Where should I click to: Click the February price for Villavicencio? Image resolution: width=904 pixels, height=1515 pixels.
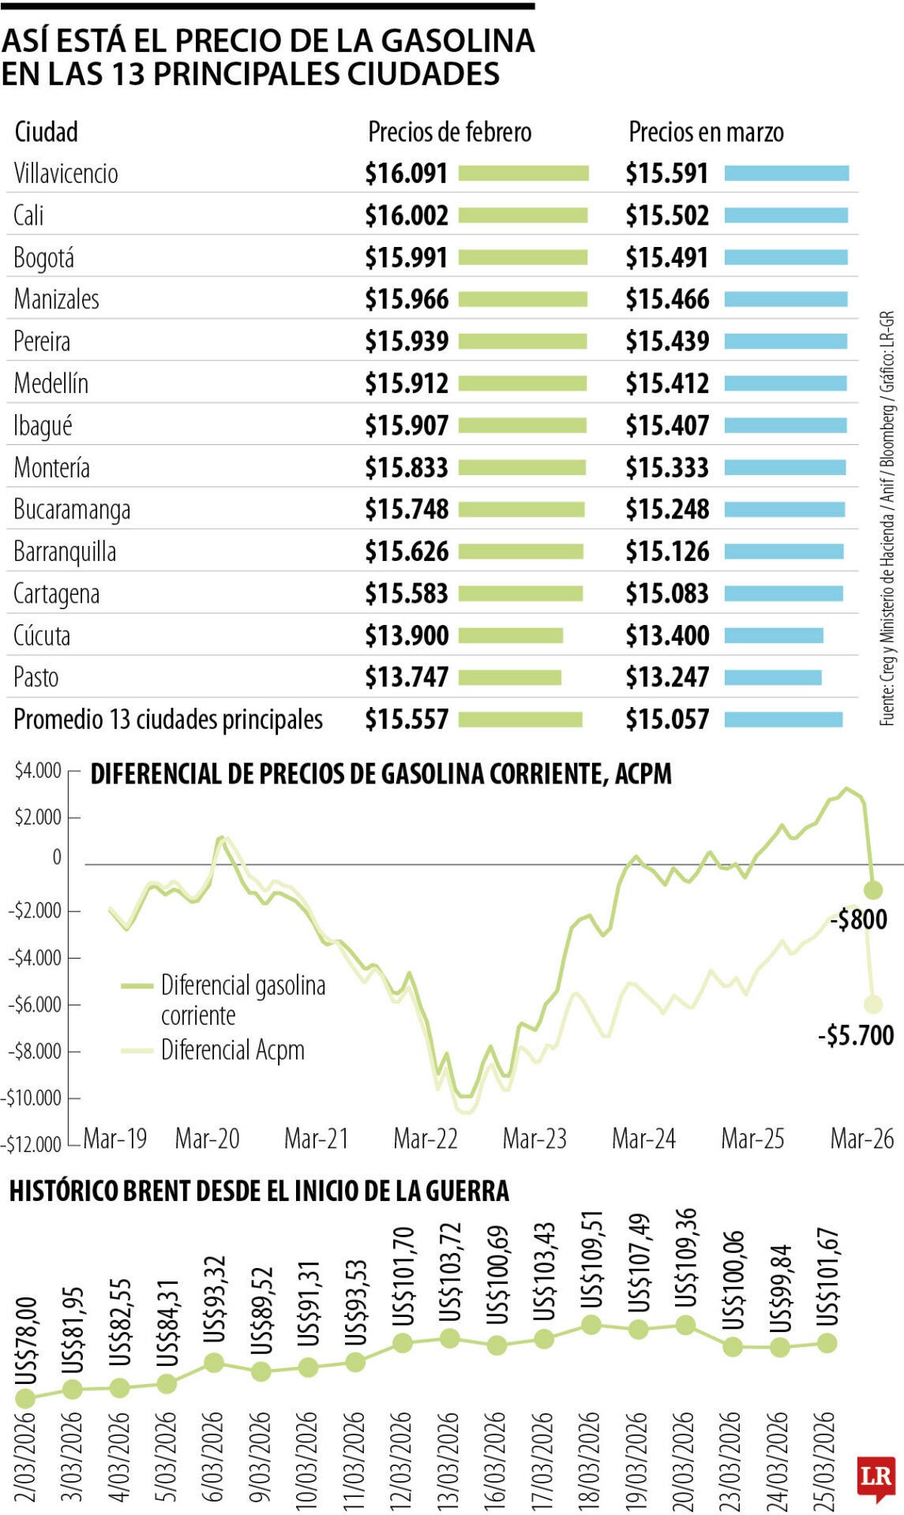(406, 174)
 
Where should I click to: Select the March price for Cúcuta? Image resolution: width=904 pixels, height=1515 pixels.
(667, 635)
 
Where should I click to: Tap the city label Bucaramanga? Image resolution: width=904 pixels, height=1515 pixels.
(72, 510)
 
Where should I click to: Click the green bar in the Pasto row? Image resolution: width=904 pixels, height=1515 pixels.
(509, 677)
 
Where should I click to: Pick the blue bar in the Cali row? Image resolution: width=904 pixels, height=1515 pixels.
(786, 215)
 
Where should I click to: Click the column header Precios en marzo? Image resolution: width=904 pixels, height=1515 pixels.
(706, 132)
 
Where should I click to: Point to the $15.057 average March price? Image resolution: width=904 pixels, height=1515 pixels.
(667, 719)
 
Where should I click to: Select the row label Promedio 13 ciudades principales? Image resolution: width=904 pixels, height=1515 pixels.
(168, 719)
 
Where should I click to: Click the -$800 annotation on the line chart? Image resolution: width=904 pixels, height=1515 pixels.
(858, 919)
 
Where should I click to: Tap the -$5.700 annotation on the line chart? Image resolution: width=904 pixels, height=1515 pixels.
(856, 1034)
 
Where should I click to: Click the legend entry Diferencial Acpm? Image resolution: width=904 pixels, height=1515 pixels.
(232, 1050)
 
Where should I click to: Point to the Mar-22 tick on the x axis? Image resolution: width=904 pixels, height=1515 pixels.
(426, 1138)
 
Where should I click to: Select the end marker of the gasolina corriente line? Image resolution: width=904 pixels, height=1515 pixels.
(872, 890)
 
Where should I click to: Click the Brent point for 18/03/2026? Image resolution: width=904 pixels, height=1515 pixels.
(591, 1325)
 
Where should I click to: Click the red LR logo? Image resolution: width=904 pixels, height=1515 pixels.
(876, 1476)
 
